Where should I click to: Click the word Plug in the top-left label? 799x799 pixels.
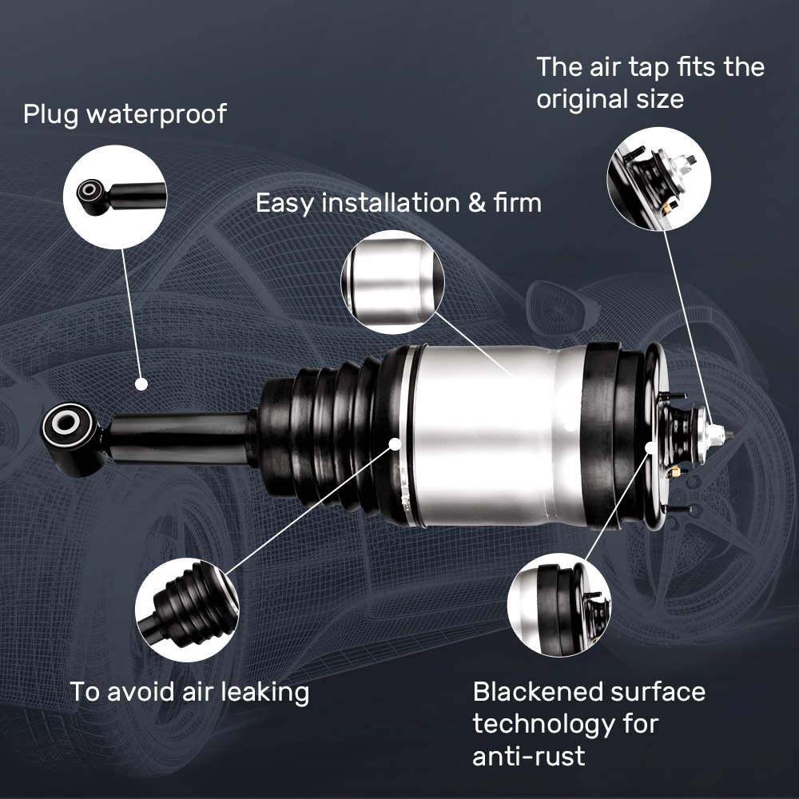[50, 114]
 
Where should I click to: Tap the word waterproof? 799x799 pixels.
[156, 114]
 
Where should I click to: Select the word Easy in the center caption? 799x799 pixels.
[284, 203]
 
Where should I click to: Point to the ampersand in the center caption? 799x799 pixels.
[476, 203]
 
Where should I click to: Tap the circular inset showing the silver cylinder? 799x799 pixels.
[392, 282]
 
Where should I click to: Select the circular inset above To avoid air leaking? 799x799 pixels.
[187, 610]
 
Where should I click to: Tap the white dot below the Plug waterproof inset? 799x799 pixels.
[141, 384]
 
